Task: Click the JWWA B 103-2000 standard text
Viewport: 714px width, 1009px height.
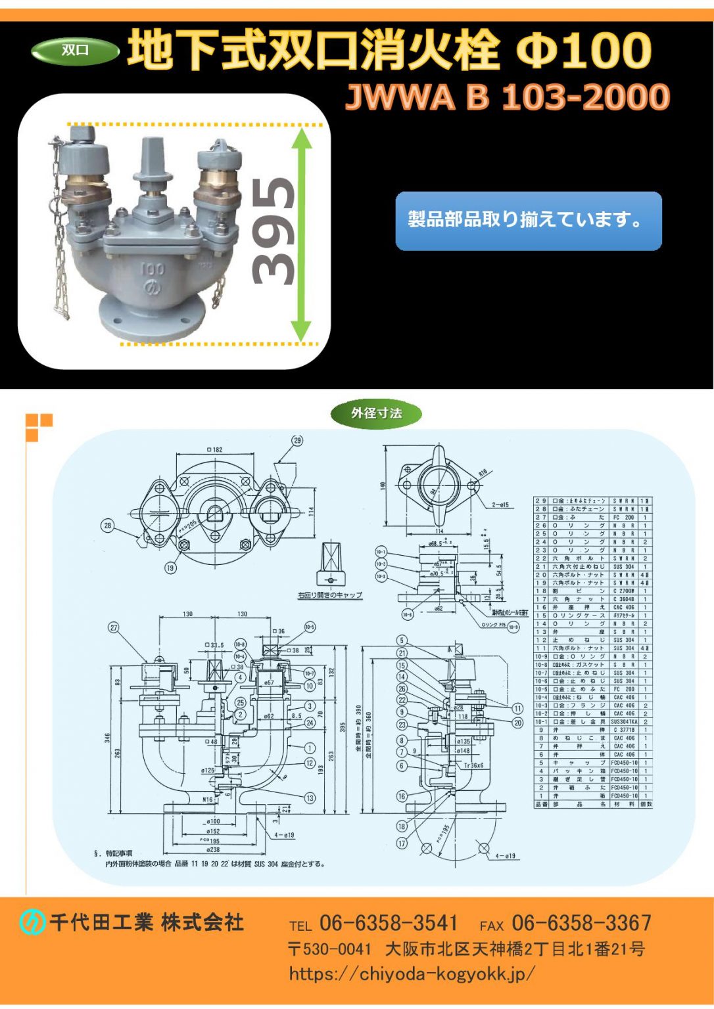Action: [x=507, y=97]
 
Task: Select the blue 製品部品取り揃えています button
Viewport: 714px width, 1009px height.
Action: [x=528, y=221]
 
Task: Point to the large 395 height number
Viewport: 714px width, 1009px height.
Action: [x=272, y=231]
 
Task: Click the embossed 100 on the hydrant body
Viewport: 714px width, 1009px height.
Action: [x=152, y=269]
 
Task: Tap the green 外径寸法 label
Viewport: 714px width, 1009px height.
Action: [x=376, y=413]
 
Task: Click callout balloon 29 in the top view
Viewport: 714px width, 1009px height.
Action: [x=297, y=441]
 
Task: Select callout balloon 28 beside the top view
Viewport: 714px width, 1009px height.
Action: [x=108, y=526]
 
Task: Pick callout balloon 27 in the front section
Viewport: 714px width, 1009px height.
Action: [x=114, y=627]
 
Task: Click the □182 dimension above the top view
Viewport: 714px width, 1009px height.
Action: [x=214, y=450]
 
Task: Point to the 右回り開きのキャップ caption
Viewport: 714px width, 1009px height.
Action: [x=329, y=595]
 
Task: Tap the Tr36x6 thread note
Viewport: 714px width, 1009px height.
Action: [x=473, y=765]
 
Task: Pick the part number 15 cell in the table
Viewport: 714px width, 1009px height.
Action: [x=541, y=616]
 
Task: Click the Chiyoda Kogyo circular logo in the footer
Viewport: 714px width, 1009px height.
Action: [x=31, y=923]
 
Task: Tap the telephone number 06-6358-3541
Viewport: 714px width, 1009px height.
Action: [x=388, y=923]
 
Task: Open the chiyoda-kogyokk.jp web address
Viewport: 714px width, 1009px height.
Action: [x=412, y=974]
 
